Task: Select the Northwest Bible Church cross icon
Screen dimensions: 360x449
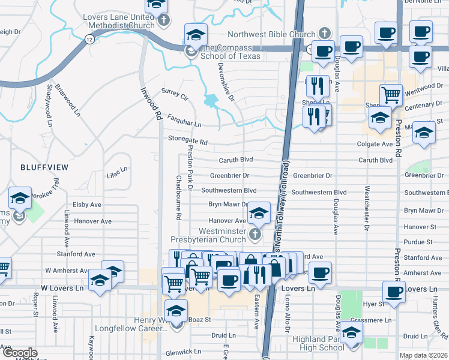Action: [325, 33]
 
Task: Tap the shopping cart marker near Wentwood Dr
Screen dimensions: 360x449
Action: [391, 94]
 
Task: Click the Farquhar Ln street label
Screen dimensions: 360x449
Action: [184, 120]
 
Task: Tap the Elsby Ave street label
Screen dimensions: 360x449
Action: [86, 205]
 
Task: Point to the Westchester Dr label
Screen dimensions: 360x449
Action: [367, 208]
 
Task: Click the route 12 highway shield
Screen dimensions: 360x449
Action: [89, 39]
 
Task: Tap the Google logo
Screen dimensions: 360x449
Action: [20, 353]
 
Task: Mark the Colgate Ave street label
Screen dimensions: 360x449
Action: [375, 144]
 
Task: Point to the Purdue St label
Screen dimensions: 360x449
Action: [419, 242]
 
